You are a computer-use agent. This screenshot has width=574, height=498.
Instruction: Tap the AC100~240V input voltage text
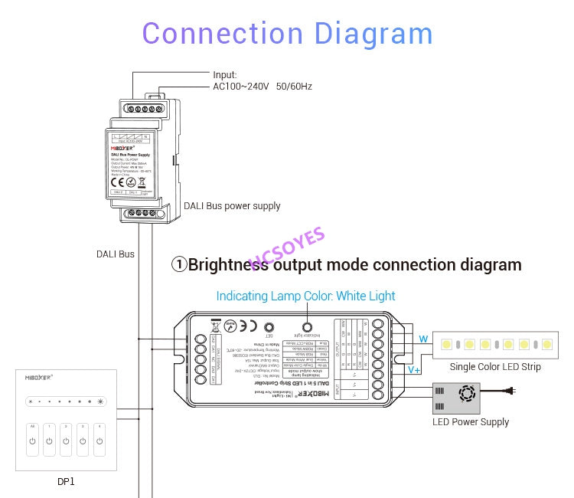click(240, 87)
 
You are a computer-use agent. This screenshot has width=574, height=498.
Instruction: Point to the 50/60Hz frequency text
click(294, 87)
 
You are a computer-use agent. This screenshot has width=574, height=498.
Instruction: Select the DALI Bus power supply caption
click(232, 206)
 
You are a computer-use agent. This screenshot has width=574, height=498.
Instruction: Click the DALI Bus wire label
click(115, 254)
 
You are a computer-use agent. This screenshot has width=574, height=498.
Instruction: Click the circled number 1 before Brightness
click(178, 265)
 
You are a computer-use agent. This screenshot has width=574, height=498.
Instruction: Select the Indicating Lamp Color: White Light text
click(305, 296)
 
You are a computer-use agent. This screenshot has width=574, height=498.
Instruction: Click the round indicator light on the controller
click(310, 325)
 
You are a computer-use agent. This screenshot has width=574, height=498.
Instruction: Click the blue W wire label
click(422, 339)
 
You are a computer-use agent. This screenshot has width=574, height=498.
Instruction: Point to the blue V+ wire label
click(414, 370)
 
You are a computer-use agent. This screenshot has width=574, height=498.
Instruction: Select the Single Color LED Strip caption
click(495, 367)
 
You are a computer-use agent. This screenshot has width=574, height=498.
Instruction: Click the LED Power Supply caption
click(471, 422)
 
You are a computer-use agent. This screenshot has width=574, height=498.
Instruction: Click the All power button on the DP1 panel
click(32, 441)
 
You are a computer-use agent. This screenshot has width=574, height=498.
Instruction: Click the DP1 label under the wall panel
click(66, 482)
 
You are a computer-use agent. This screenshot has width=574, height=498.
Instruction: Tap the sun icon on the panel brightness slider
click(99, 401)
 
